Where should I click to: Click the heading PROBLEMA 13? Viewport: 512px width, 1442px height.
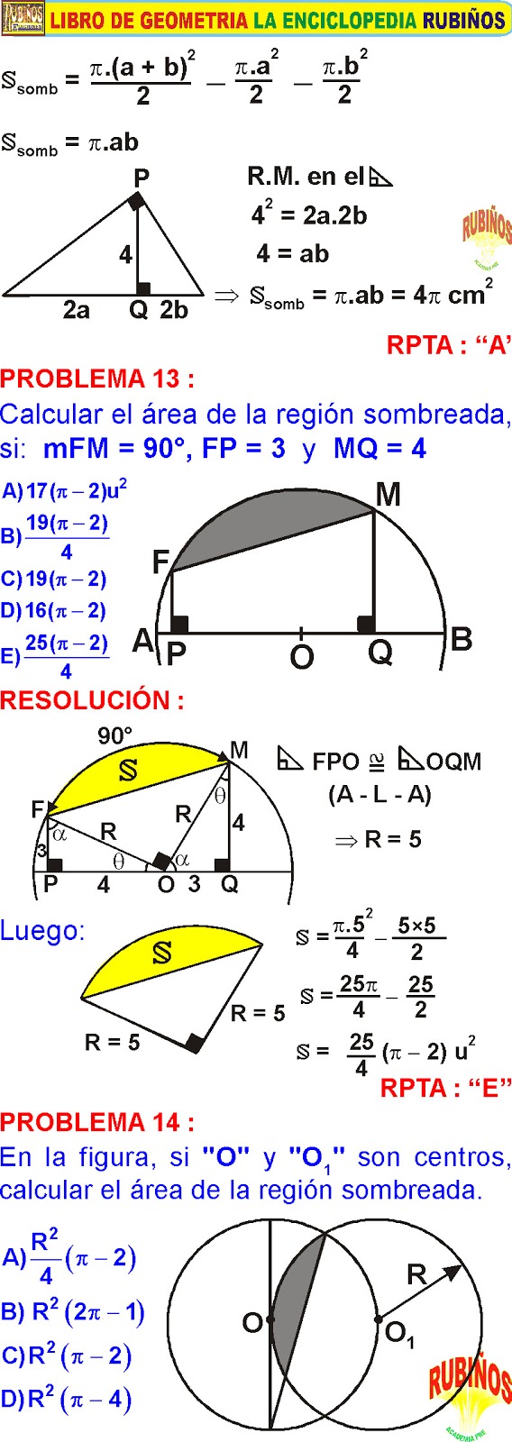click(x=96, y=378)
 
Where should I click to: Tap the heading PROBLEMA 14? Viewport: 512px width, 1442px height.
click(x=96, y=1122)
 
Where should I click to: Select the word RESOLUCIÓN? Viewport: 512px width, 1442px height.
click(x=92, y=699)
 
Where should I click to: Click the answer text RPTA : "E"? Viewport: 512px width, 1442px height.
click(x=445, y=1088)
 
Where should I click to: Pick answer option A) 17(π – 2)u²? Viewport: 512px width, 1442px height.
click(x=64, y=490)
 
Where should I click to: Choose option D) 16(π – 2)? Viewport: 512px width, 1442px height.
click(x=53, y=610)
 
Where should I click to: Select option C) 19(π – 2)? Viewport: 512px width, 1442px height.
click(x=53, y=579)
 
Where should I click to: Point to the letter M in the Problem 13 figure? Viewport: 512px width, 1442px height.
click(x=389, y=496)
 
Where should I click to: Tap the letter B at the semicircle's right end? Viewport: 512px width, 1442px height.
click(x=462, y=640)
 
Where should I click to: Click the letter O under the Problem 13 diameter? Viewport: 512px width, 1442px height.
click(x=301, y=657)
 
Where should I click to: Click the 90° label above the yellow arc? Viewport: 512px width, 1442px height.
click(x=115, y=735)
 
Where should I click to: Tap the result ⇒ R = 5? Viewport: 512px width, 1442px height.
click(x=378, y=839)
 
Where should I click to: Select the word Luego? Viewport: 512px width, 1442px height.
click(x=42, y=931)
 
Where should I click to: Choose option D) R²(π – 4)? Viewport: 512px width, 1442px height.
click(x=67, y=1399)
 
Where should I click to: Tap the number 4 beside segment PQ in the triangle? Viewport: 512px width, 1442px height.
click(x=125, y=256)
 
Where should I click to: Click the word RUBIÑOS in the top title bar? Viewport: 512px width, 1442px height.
click(x=463, y=21)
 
